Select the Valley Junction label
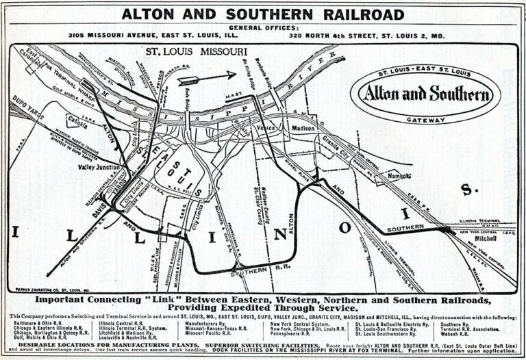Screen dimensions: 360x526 coord(98,166)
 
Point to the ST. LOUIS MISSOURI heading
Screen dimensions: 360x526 coord(192,51)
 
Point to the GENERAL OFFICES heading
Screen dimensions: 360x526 coord(264,27)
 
